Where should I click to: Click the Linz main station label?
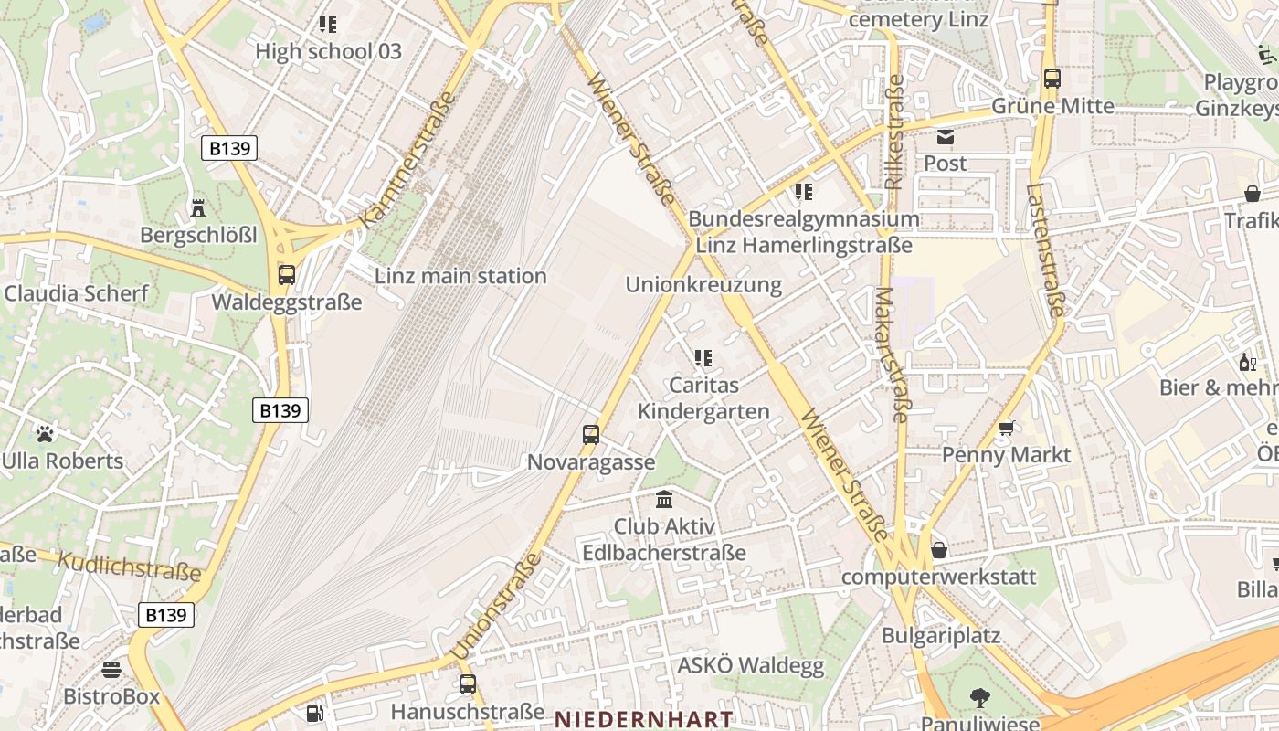click(460, 276)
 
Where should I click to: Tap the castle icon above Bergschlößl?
click(197, 208)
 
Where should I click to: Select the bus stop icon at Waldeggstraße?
click(287, 274)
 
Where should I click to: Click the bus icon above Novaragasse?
click(591, 435)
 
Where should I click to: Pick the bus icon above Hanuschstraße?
click(468, 683)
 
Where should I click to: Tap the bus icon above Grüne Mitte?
click(1052, 79)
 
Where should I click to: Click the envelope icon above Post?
click(945, 137)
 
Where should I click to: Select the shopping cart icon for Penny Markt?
click(1007, 428)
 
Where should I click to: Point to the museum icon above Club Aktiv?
click(664, 500)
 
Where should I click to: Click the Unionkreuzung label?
click(703, 285)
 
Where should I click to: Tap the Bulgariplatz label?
click(941, 635)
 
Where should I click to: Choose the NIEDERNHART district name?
click(644, 719)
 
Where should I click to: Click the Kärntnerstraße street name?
click(407, 161)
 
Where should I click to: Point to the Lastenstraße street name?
click(1045, 250)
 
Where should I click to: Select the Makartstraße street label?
click(890, 355)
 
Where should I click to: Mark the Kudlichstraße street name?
click(129, 567)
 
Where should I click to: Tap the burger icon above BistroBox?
click(111, 670)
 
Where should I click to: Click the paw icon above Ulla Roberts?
click(45, 433)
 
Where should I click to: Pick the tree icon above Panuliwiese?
click(979, 698)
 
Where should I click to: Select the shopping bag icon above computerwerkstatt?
click(938, 550)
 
